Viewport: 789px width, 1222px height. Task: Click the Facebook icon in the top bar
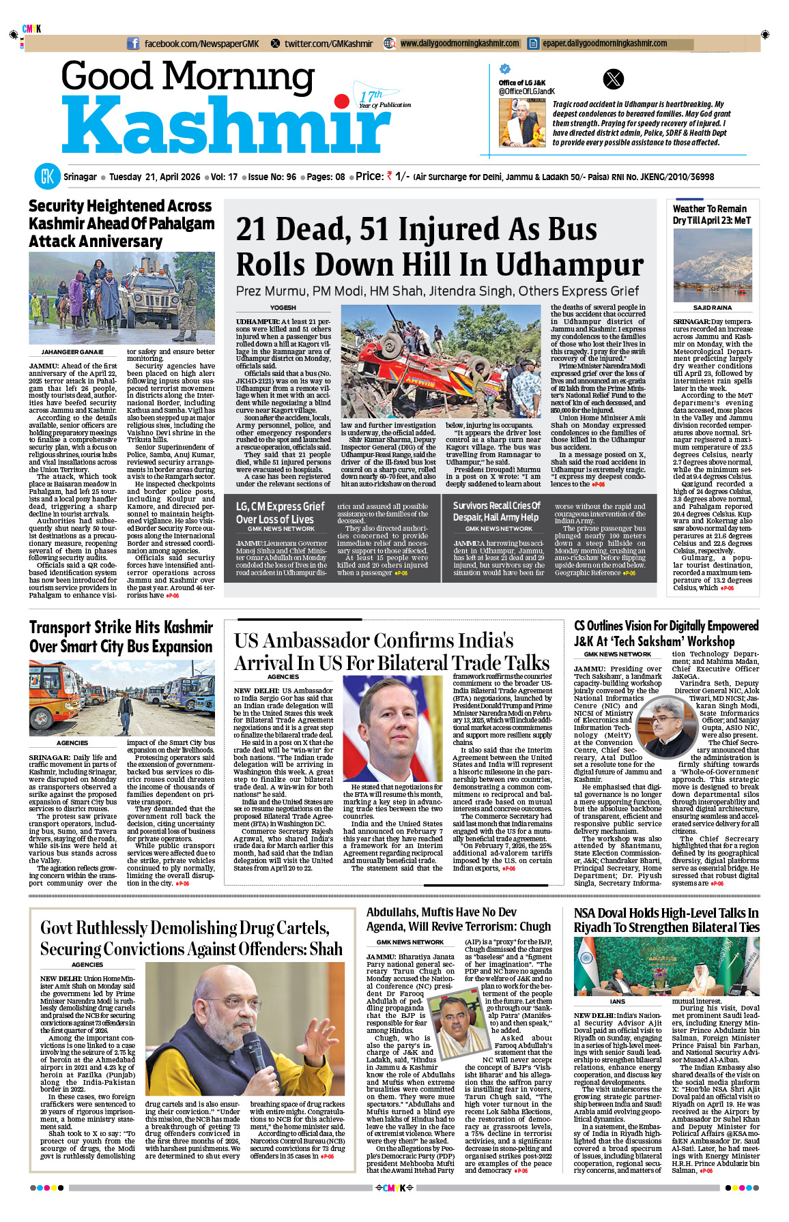[x=134, y=44]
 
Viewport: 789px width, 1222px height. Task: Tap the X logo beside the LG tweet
[x=614, y=79]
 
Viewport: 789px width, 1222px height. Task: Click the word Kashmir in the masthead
[x=225, y=127]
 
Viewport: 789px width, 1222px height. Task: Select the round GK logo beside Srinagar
[x=48, y=177]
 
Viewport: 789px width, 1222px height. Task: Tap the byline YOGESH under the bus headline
[x=283, y=308]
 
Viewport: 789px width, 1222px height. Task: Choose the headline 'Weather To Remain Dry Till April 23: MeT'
[x=711, y=214]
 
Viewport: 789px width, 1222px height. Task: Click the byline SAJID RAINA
[x=712, y=308]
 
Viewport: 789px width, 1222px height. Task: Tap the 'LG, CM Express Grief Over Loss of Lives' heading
[x=280, y=512]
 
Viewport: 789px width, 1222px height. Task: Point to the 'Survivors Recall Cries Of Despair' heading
[x=496, y=511]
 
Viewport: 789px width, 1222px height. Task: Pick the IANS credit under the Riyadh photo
[x=617, y=1002]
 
